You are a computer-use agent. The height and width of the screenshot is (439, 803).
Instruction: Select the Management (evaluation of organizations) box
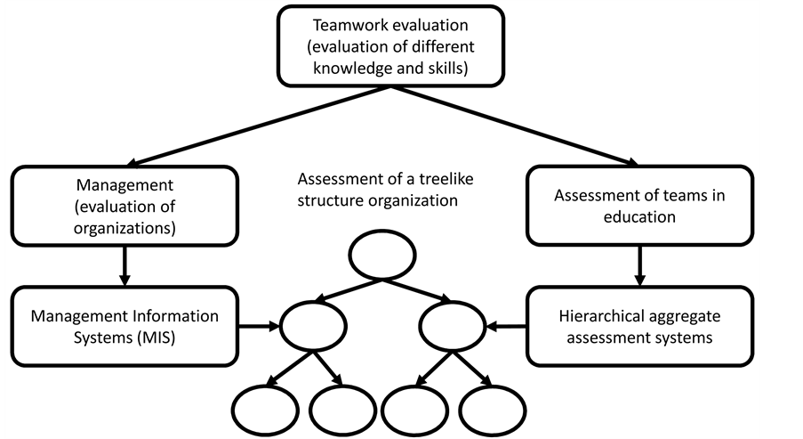[125, 207]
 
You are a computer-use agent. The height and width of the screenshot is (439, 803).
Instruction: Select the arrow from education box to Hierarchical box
[638, 265]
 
